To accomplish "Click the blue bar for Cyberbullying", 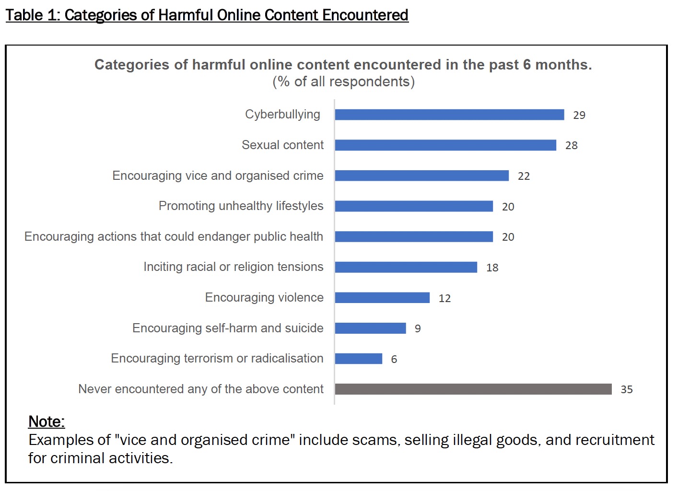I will (449, 115).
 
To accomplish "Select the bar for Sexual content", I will (445, 145).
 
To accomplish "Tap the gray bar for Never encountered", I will (473, 389).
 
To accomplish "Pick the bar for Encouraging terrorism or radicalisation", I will (359, 359).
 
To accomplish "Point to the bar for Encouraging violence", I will (382, 298).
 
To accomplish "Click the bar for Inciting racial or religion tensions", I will (406, 267).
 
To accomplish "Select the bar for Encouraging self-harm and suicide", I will (370, 328).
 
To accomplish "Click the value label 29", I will (579, 115).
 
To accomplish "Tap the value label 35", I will (626, 389).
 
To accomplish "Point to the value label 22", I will (524, 176).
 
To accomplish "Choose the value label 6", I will (394, 359).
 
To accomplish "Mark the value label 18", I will (492, 268).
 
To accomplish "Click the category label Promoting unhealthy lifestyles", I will (241, 206).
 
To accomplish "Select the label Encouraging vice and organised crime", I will (218, 175).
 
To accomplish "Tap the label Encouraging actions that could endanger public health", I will (174, 236).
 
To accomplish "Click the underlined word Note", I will (46, 421).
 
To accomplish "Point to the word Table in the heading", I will (24, 15).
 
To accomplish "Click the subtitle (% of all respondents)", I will (343, 82).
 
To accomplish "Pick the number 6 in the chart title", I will (526, 65).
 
